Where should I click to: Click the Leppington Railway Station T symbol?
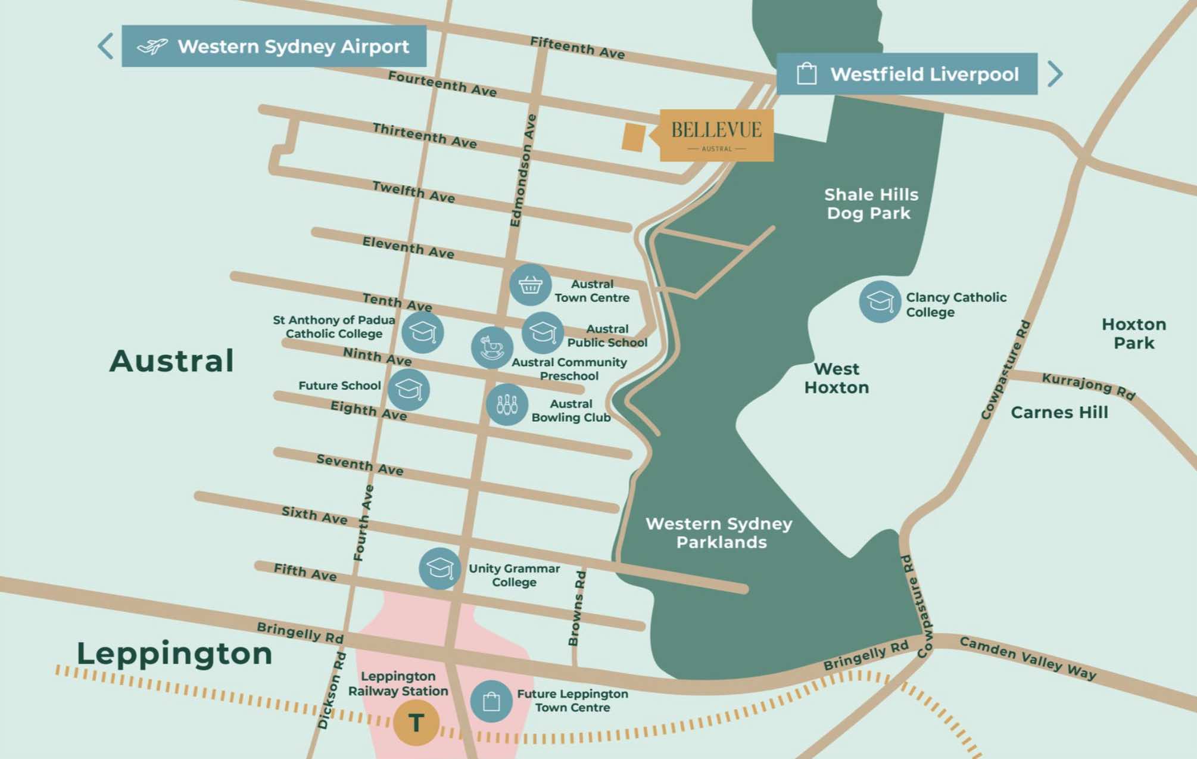pos(416,723)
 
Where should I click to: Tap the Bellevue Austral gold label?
pos(716,135)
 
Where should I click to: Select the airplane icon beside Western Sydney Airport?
pos(152,46)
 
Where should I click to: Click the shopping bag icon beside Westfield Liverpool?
pos(806,74)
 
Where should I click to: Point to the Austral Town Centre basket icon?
pos(529,285)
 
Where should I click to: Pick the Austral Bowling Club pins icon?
pos(507,405)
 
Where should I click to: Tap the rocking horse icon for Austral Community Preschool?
pos(492,347)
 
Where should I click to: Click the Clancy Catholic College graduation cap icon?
pos(880,301)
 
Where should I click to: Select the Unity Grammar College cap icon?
pos(439,568)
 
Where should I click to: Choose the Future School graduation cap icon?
pos(409,390)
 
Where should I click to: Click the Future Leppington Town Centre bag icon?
pos(491,701)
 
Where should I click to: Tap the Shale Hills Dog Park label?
pos(870,204)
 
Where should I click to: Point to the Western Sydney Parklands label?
pos(719,533)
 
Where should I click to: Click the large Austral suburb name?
pos(172,361)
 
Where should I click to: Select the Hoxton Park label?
pos(1133,334)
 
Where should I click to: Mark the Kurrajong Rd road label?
pos(1088,386)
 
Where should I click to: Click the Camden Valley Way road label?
pos(1027,658)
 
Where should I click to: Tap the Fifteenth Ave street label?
pos(577,48)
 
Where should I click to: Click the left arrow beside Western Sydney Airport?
pos(105,46)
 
